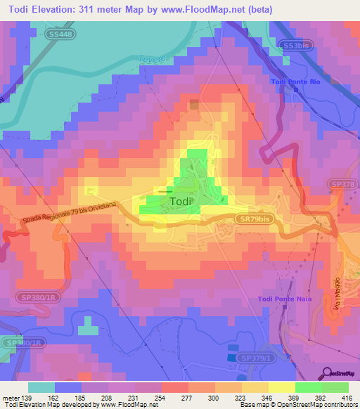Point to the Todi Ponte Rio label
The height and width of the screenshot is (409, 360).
point(295,82)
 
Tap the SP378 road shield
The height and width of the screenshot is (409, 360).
point(342,184)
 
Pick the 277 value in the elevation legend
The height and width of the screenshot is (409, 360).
point(188,398)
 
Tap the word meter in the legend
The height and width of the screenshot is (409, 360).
point(11,398)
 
